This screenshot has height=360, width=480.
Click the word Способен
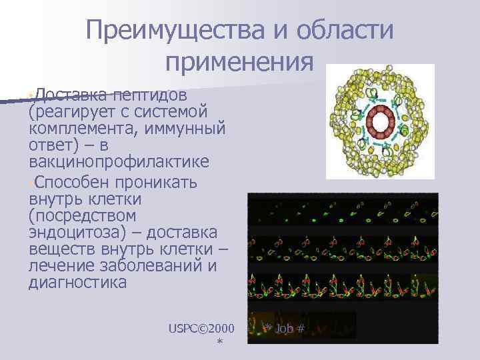tap(73, 182)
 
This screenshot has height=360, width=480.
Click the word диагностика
tap(78, 283)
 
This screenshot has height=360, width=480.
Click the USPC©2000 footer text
tap(202, 328)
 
